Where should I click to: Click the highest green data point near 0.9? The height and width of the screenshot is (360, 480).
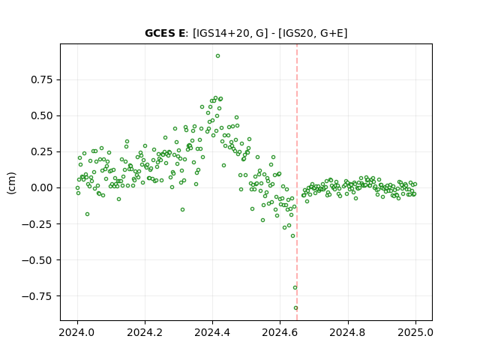coord(217,56)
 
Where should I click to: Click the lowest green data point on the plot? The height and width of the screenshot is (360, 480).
coord(295,308)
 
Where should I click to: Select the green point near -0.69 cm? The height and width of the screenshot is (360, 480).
coord(295,288)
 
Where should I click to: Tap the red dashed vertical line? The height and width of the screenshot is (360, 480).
coord(297,182)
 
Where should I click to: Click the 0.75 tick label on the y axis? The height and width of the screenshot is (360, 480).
coord(42,80)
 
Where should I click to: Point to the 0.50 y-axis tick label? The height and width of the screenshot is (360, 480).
coord(42,116)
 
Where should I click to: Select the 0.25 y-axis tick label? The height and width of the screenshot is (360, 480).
coord(42,151)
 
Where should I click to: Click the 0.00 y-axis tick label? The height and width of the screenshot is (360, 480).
coord(42,188)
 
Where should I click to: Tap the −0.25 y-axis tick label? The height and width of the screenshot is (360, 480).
coord(37,224)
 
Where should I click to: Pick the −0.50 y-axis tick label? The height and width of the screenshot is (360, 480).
coord(37,260)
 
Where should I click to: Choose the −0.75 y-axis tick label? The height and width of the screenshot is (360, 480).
coord(37,296)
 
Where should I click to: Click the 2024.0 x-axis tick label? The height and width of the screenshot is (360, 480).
coord(77,332)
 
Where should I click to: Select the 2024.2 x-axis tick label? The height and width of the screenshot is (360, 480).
coord(145,332)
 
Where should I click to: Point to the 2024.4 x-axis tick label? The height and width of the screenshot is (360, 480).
coord(212,332)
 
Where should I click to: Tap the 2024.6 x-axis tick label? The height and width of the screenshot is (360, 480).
coord(280,332)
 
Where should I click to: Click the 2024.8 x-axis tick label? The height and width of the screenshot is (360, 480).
coord(348,332)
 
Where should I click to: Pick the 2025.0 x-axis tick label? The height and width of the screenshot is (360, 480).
coord(415,332)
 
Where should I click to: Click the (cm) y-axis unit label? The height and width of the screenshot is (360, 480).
coord(12,183)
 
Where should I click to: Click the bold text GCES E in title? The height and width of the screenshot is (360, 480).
coord(165,33)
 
